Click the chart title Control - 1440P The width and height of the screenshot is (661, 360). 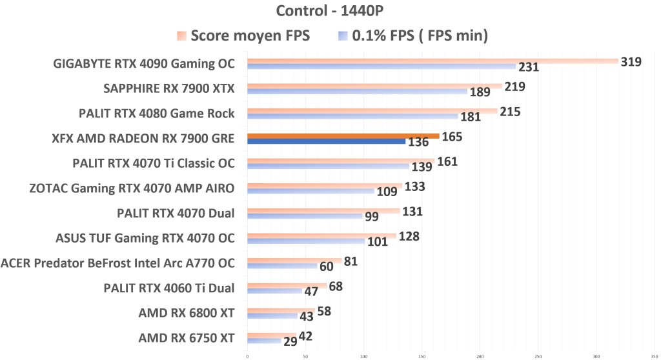330,11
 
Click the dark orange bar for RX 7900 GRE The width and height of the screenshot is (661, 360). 343,136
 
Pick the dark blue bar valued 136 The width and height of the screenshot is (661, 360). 326,141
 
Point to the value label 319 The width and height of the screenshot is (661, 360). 631,62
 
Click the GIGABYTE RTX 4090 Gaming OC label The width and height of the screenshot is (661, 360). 145,63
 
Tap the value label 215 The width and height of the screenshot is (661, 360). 509,112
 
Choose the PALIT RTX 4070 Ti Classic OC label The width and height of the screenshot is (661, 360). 154,163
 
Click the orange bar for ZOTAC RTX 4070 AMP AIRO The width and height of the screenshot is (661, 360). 325,186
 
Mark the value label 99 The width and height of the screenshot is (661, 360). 371,217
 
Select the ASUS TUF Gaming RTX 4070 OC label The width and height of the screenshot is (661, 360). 145,238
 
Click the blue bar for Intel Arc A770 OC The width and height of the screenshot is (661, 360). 282,266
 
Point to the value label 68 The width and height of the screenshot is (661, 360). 336,286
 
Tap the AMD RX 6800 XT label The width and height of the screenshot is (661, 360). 187,313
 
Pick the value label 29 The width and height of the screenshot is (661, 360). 290,341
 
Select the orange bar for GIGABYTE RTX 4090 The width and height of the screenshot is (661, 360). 432,61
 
